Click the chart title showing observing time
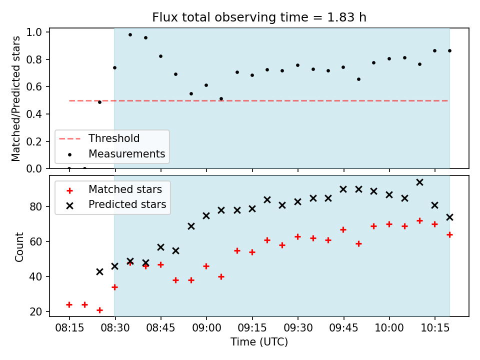259,17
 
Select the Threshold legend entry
99,138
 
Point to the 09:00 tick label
206,328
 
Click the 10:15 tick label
435,328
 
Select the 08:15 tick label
69,328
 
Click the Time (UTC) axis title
259,341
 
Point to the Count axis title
19,247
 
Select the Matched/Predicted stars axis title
15,98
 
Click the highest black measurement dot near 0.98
130,35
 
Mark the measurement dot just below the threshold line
99,102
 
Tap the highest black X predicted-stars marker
419,182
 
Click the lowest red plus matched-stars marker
99,310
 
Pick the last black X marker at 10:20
449,217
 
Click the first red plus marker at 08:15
69,304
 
